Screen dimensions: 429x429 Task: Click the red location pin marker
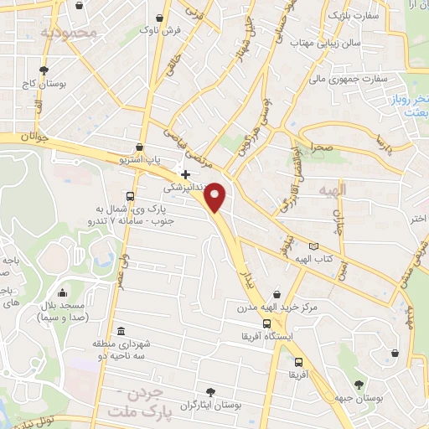[216, 196]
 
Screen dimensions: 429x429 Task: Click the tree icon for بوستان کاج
[44, 70]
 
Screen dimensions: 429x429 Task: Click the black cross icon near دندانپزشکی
[185, 174]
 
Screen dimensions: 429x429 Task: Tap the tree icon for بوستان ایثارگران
[210, 391]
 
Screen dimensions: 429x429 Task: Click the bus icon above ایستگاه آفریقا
[266, 323]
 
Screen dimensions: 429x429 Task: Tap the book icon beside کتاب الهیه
[313, 246]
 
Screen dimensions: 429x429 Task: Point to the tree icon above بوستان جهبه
[359, 384]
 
